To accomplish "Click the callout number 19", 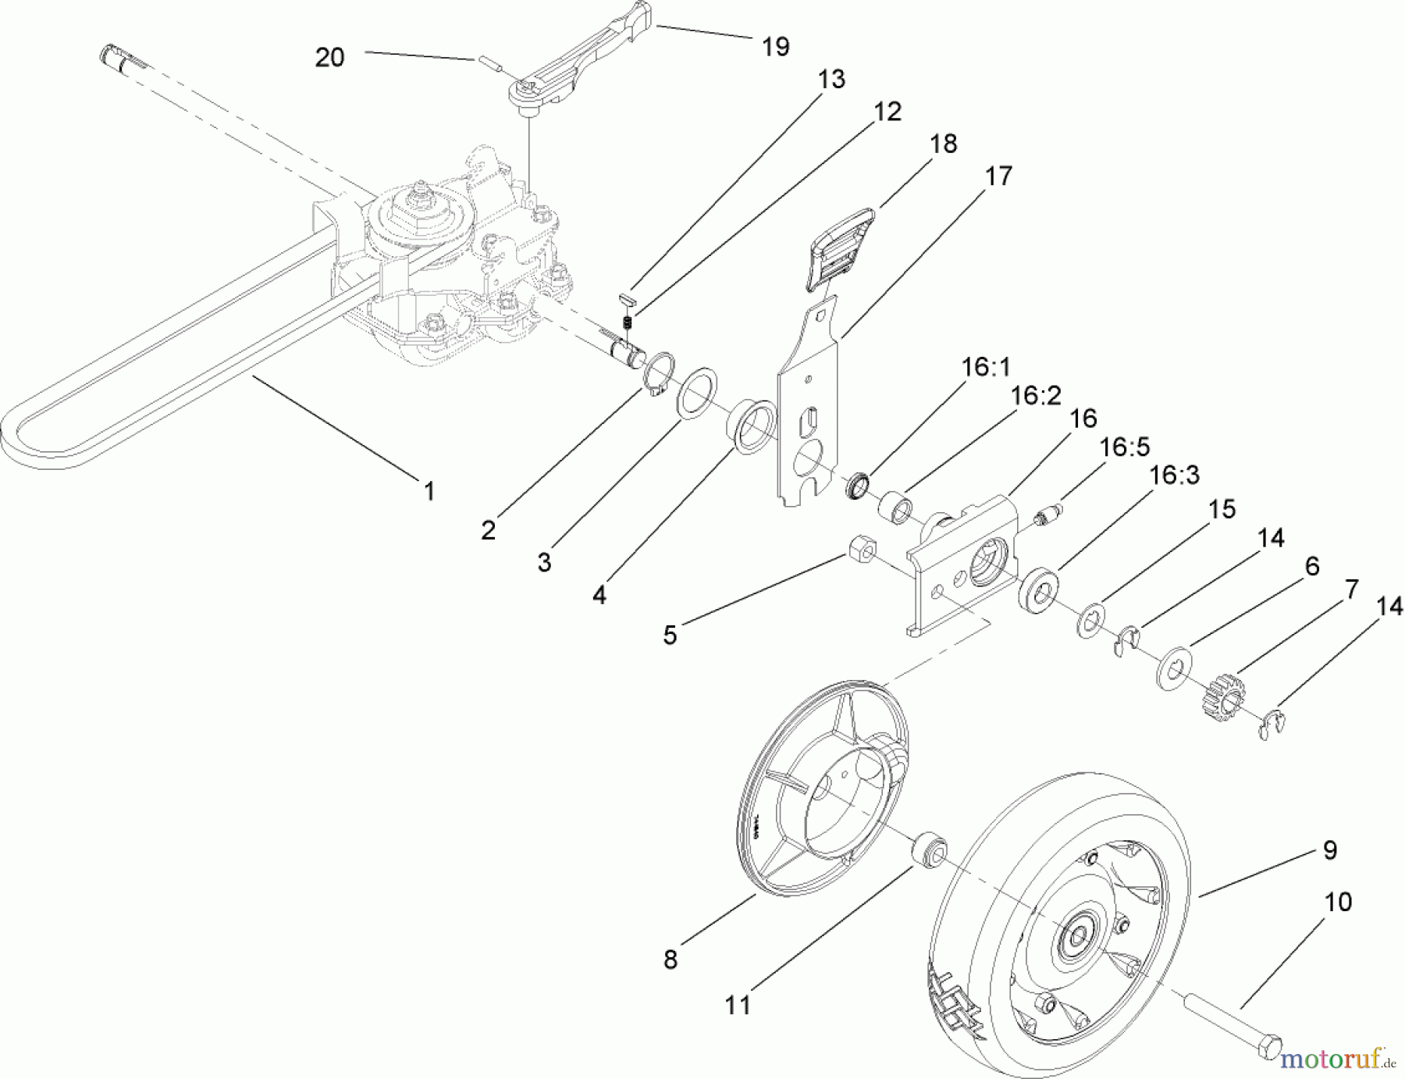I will [x=775, y=47].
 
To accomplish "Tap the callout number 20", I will [x=329, y=57].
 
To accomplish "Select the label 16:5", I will [x=1125, y=447].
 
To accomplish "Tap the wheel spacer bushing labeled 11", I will [x=930, y=849].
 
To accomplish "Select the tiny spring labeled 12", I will [x=627, y=321].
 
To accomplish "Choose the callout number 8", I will [x=670, y=959].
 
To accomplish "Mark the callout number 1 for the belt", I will [x=429, y=491].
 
